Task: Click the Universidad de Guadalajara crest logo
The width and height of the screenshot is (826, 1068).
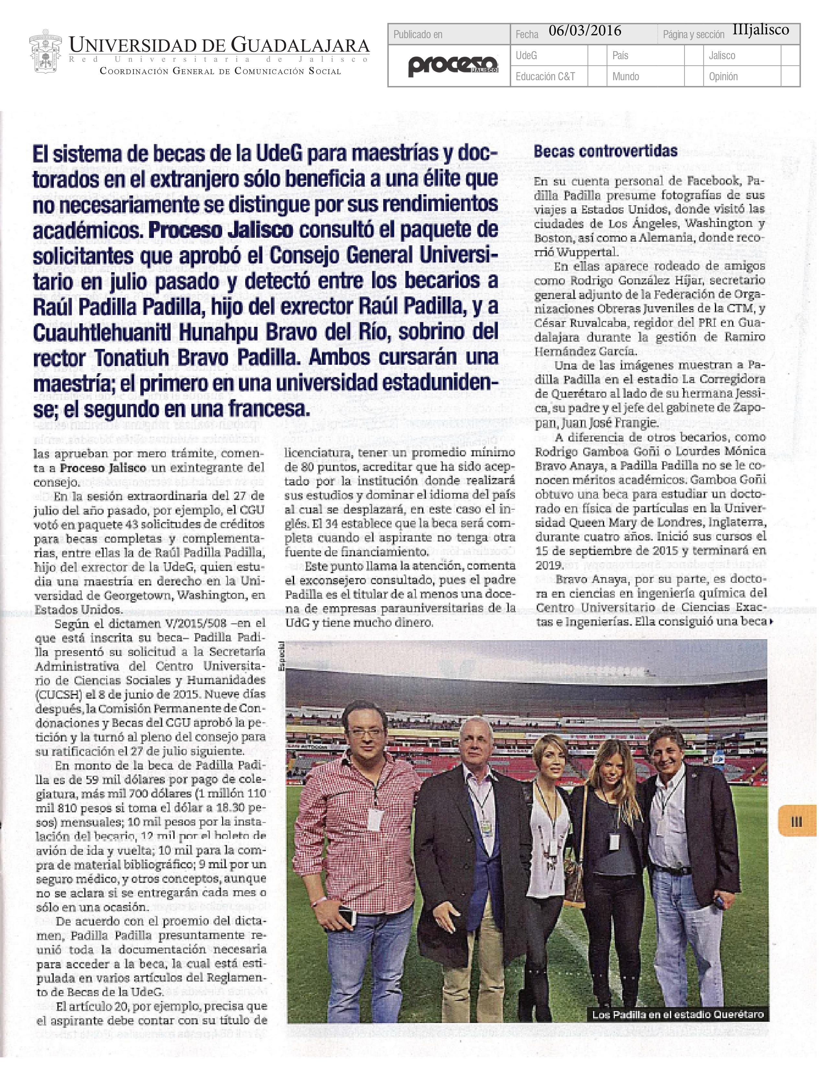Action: click(x=45, y=54)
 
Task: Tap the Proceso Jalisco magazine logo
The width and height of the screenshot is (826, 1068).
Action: click(x=453, y=65)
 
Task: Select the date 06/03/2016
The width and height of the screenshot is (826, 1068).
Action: click(x=585, y=31)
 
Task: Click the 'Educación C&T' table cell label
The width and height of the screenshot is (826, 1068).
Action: click(x=545, y=76)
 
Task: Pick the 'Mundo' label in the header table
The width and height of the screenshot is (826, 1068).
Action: click(x=625, y=76)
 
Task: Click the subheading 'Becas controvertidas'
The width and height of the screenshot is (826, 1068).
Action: click(x=605, y=151)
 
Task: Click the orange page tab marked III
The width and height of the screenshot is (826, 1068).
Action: click(x=796, y=821)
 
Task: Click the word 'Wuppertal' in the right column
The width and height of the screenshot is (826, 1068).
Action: click(x=581, y=252)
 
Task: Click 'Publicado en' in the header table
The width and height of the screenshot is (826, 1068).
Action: click(x=418, y=34)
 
